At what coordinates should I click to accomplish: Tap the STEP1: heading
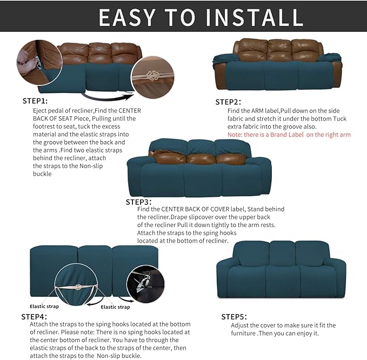click(x=35, y=101)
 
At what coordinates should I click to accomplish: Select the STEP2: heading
click(x=228, y=102)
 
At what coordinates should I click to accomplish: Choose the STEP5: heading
click(x=235, y=317)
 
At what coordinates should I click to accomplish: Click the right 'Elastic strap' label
click(x=116, y=307)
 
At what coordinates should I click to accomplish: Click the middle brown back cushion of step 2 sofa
click(x=279, y=50)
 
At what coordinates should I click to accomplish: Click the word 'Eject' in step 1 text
click(x=41, y=110)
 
